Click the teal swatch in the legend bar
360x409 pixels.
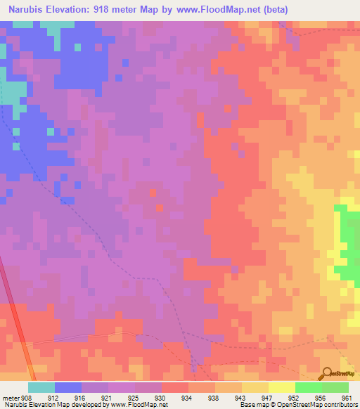(41, 387)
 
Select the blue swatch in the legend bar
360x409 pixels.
(68, 387)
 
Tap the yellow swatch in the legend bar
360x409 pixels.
(282, 387)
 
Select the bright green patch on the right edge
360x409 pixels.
(349, 242)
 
